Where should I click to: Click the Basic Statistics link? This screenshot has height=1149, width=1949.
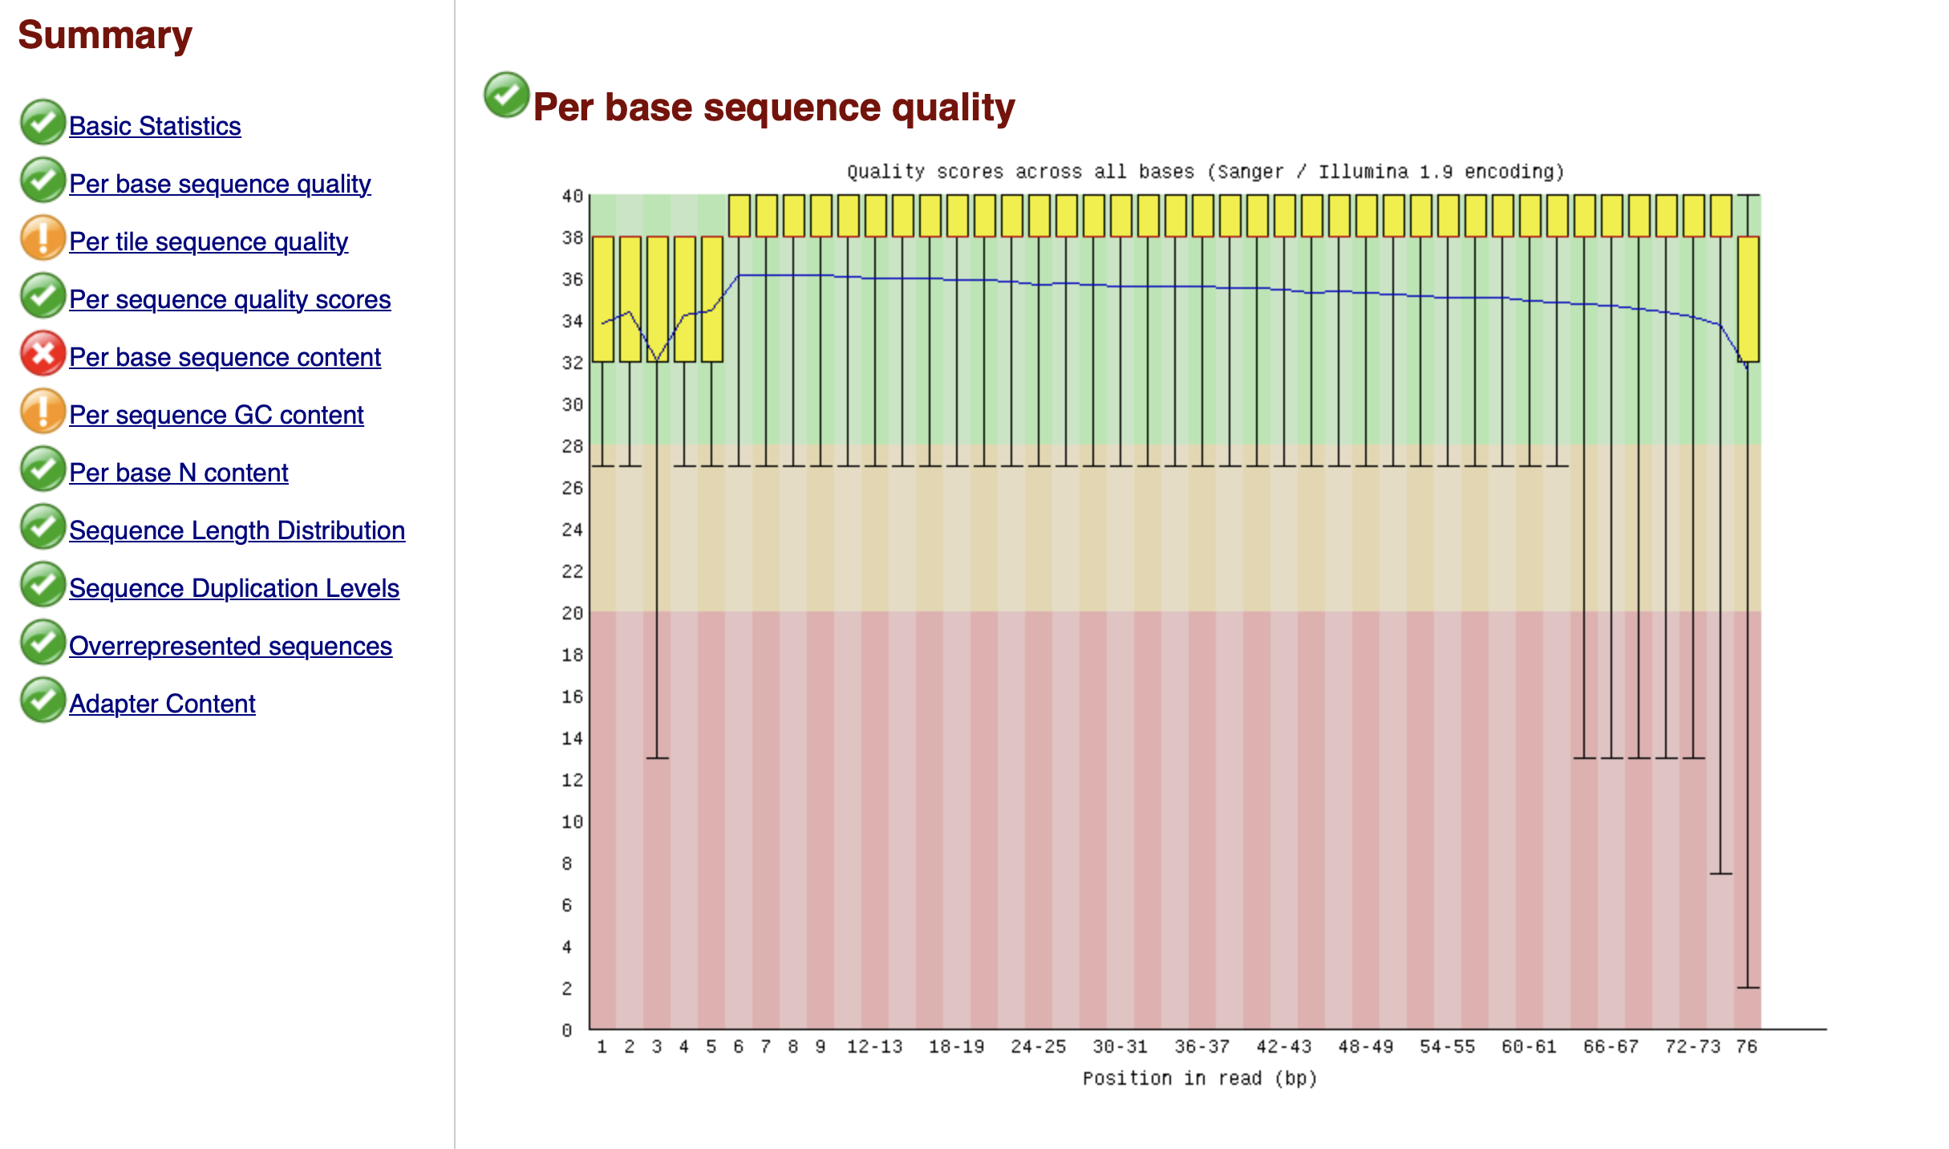(155, 126)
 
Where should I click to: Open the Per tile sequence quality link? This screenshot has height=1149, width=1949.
(208, 242)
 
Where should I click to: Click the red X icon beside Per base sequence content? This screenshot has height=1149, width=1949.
(43, 354)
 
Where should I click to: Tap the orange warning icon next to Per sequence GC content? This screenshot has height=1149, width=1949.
(43, 412)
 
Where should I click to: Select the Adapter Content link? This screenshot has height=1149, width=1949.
(162, 704)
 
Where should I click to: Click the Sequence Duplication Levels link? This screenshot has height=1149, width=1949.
(233, 588)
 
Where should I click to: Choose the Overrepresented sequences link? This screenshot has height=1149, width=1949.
(230, 646)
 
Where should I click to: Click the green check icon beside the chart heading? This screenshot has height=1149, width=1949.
(506, 95)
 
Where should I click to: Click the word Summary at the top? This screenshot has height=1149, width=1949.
(105, 35)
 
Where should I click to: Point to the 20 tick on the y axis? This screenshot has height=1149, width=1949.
(572, 613)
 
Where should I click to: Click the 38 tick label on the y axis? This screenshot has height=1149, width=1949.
(572, 238)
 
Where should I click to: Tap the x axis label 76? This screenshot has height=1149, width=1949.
(1746, 1046)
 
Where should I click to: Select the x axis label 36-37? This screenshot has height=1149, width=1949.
(1201, 1046)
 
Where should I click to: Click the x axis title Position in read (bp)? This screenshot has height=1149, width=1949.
(1199, 1078)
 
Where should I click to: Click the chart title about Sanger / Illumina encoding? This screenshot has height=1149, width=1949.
(1205, 172)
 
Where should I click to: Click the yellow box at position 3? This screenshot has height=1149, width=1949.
(657, 298)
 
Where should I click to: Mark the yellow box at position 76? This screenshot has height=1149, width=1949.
(1748, 298)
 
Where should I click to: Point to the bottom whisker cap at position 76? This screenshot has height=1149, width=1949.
(1748, 987)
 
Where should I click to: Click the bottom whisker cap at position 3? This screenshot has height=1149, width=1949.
(657, 757)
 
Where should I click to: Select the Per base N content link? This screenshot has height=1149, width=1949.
(178, 473)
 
